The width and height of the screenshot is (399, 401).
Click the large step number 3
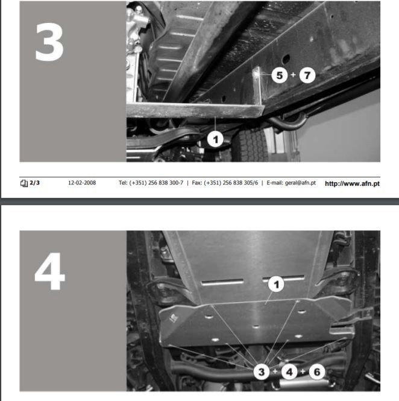coord(49,42)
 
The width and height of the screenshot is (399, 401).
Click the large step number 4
coord(49,271)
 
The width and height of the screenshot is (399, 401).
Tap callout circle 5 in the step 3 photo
coord(280,75)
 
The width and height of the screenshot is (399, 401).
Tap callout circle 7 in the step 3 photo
coord(307,75)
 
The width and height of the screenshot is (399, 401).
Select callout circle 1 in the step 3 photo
coord(215,140)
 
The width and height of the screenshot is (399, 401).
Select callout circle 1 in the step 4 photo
coord(276,284)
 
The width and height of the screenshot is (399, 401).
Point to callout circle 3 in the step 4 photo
coord(262,372)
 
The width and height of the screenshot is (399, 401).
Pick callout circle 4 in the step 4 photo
coord(289,372)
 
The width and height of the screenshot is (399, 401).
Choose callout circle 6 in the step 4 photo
coord(317,372)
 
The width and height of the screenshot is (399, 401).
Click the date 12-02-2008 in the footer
coord(82,183)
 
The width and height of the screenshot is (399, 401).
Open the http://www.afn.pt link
coord(352,183)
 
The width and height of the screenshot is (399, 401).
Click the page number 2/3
coord(34,183)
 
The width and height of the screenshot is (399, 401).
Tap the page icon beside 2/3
coord(24,183)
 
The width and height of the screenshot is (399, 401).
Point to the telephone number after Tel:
coord(156,183)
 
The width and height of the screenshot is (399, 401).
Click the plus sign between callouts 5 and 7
coord(293,75)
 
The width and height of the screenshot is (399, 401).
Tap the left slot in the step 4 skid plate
coord(222,282)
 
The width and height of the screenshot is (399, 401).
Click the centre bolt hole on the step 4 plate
coord(256,327)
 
